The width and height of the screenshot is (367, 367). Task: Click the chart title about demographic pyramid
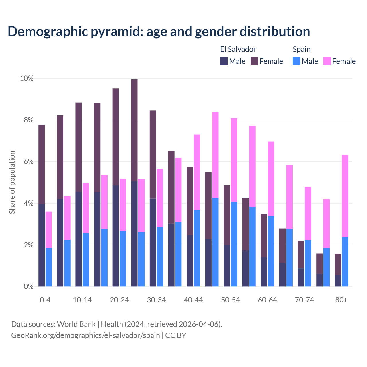point(159,32)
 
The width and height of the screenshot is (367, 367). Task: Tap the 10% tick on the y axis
point(26,78)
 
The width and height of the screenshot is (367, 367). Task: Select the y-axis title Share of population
point(12,182)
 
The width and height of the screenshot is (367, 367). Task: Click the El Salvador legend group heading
point(238,49)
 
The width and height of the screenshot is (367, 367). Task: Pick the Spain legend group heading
point(302,49)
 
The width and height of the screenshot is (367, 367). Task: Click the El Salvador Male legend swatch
point(224,61)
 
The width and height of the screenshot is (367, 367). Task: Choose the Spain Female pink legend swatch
point(327,61)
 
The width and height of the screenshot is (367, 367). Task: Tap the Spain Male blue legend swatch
point(296,61)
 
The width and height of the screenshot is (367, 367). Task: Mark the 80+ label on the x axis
point(341,300)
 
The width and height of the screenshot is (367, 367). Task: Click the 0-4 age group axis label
point(45,300)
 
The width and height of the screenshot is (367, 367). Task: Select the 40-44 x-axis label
point(193,300)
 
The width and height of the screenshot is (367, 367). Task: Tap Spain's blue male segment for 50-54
point(234,244)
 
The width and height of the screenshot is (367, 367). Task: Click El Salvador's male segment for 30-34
point(153,242)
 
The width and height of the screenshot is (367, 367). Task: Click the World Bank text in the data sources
point(76,324)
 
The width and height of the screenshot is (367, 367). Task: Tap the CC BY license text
point(176,335)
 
